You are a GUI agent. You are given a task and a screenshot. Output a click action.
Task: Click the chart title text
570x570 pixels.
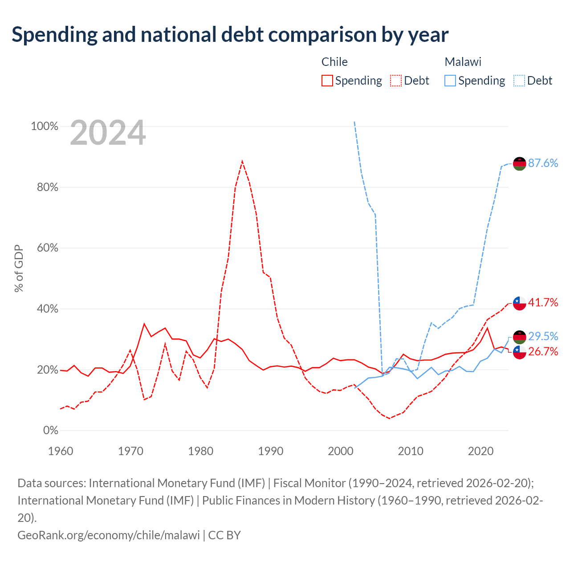[x=230, y=35]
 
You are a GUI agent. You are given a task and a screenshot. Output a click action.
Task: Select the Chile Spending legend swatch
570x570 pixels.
[x=327, y=81]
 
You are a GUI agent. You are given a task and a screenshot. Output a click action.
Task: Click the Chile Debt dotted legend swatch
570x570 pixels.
[x=395, y=81]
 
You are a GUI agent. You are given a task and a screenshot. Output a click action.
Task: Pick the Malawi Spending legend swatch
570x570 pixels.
[x=450, y=81]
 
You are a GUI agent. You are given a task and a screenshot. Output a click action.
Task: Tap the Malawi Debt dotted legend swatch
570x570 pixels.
[x=519, y=81]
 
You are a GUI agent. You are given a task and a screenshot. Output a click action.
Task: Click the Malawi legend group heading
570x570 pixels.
[x=463, y=62]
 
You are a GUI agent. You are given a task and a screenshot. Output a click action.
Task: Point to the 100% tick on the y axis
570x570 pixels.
[x=45, y=126]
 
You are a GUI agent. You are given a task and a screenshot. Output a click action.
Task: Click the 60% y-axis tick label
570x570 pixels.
[x=47, y=248]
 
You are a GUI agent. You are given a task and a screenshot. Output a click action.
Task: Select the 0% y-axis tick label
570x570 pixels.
[x=51, y=430]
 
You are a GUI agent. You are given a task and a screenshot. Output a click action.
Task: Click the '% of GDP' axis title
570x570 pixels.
[x=19, y=268]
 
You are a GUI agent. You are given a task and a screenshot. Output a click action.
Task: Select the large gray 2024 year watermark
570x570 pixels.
[x=108, y=132]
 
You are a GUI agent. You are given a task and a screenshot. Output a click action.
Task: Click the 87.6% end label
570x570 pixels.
[x=543, y=163]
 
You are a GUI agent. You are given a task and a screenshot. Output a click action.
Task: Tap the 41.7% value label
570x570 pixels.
[x=543, y=303]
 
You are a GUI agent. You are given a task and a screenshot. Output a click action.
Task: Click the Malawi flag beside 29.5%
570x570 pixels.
[x=519, y=337]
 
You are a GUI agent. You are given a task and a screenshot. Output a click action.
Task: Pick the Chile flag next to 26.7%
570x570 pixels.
[x=519, y=352]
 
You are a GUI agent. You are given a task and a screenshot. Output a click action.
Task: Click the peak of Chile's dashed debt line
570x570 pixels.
[x=242, y=161]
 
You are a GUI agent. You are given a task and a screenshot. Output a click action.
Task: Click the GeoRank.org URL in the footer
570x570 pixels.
[x=109, y=535]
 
